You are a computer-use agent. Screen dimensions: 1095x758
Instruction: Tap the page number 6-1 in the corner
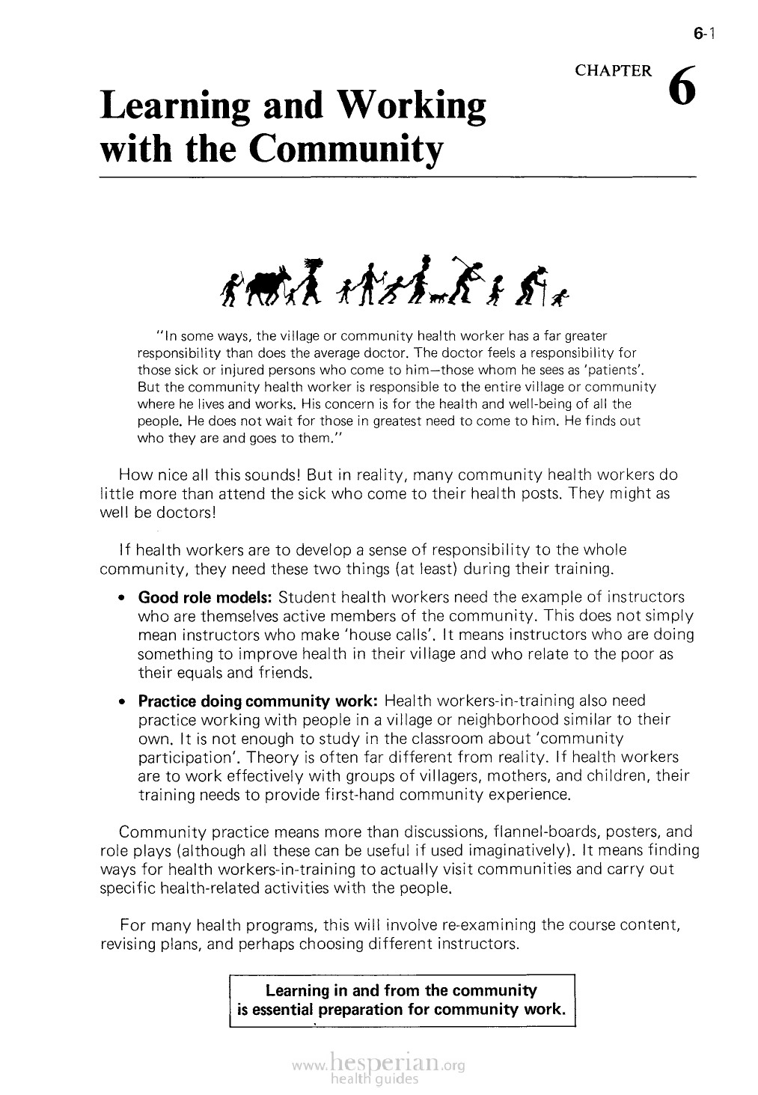[706, 33]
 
